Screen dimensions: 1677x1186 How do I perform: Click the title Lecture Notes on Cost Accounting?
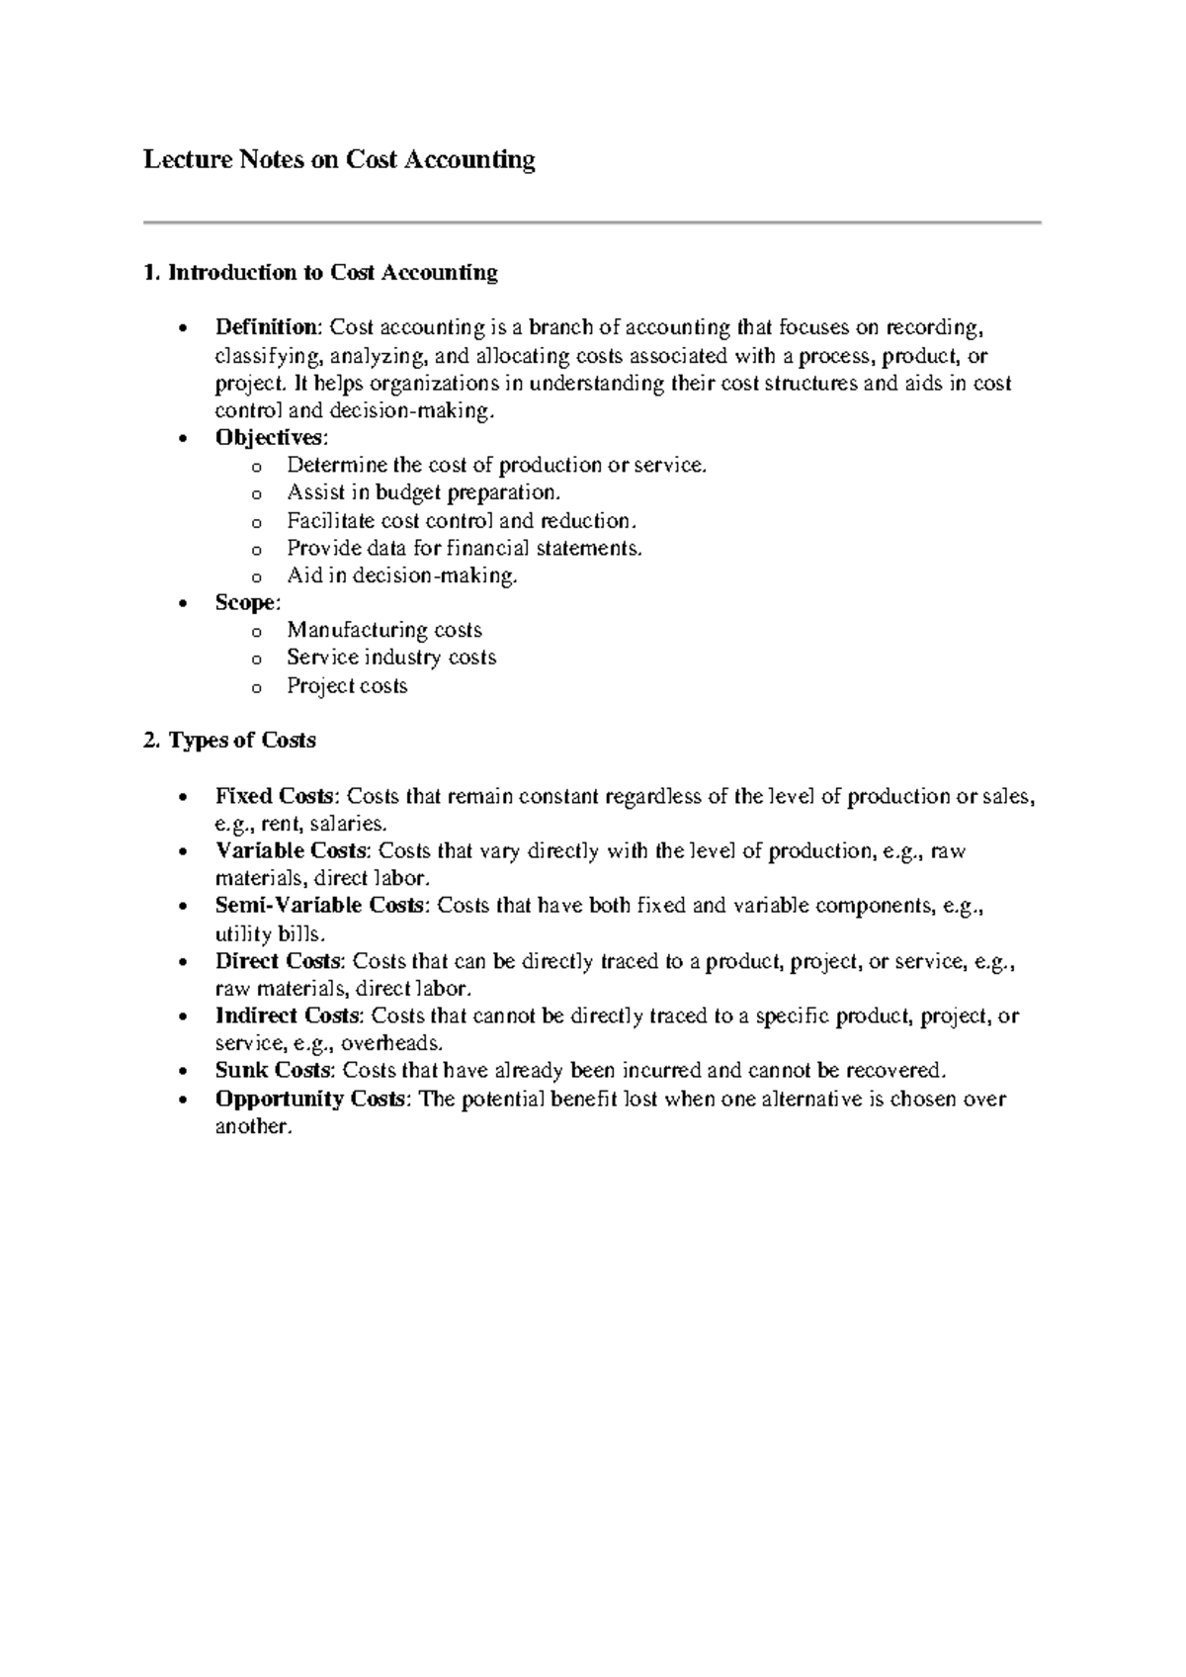tap(339, 160)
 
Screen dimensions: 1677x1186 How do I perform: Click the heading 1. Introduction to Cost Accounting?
tap(320, 273)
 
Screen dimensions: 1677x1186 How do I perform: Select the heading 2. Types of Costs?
tap(229, 741)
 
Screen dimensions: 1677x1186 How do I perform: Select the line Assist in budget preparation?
tap(423, 492)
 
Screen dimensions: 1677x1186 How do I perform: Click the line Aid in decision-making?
tap(401, 575)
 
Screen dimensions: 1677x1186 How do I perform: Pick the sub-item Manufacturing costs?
tap(384, 631)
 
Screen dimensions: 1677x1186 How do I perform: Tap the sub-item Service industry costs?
tap(391, 658)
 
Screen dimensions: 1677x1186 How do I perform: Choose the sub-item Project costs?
tap(347, 686)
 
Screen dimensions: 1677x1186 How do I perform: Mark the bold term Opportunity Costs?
tap(309, 1100)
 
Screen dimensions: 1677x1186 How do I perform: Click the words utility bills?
tap(268, 934)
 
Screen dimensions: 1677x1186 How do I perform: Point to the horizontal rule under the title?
tap(592, 223)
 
